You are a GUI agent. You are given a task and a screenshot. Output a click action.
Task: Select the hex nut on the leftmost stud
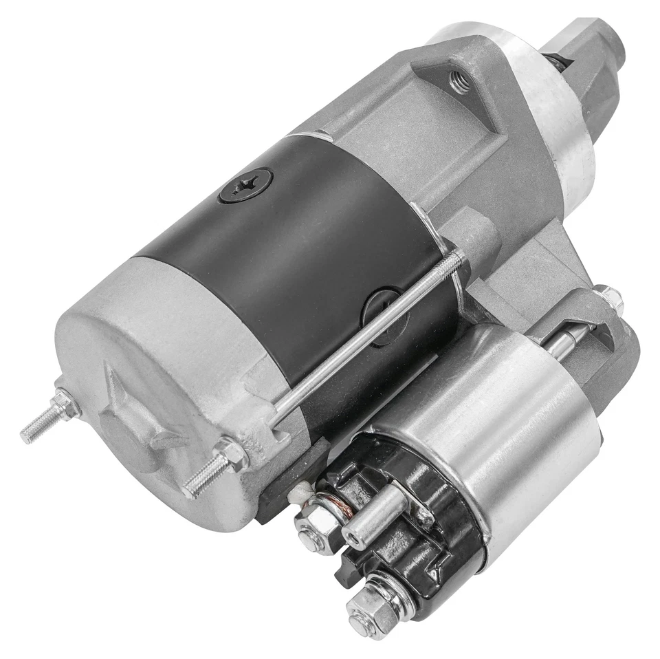pyautogui.click(x=66, y=405)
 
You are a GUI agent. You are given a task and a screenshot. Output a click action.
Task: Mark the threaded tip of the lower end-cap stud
pyautogui.click(x=195, y=487)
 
